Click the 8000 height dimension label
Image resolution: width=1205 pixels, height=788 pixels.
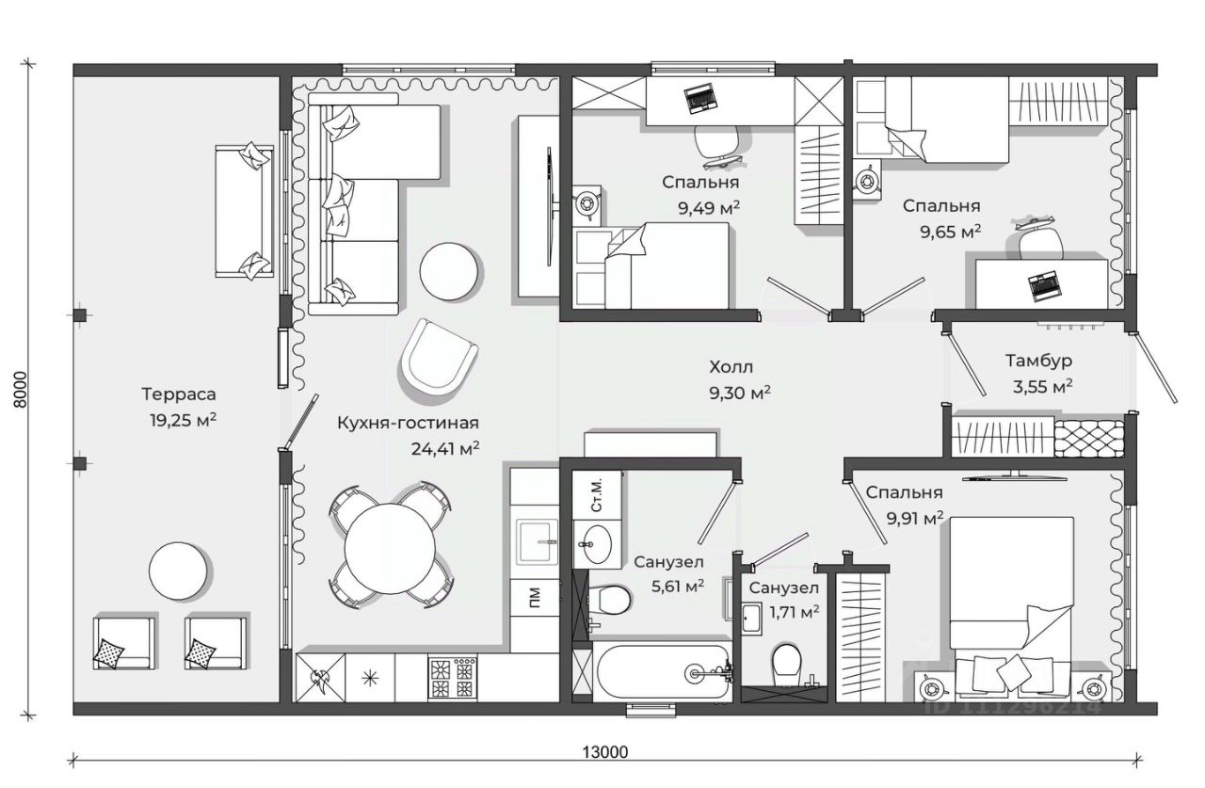click(20, 390)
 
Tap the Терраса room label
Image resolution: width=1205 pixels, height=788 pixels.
click(179, 394)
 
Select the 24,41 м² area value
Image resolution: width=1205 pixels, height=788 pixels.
click(445, 448)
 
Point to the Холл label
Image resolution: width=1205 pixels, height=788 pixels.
click(731, 367)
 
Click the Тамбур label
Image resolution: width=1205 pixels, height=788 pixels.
click(1038, 361)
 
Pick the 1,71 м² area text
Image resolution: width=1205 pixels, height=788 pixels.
click(795, 612)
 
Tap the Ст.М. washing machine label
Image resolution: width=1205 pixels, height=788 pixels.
click(597, 495)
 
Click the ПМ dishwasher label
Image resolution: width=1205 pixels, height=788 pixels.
click(535, 598)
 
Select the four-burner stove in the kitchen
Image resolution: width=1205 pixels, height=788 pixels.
click(453, 678)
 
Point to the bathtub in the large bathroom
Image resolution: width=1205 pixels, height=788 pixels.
click(663, 671)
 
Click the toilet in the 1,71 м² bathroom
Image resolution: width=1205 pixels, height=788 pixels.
click(786, 665)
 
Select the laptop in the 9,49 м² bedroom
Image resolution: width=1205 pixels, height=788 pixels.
click(701, 100)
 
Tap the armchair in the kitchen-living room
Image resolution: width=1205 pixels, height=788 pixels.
click(439, 358)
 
